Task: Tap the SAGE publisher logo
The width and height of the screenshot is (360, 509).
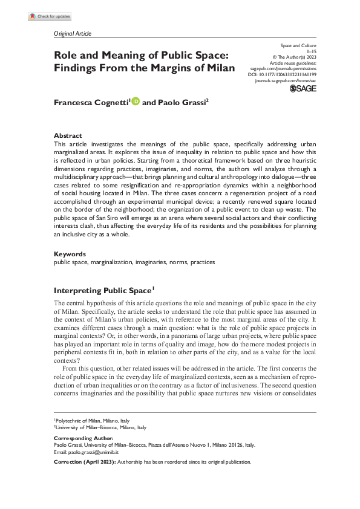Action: [304, 89]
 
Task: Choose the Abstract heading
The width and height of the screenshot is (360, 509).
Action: [68, 136]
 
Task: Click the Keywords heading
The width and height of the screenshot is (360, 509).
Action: [70, 254]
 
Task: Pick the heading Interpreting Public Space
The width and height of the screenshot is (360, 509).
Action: [104, 290]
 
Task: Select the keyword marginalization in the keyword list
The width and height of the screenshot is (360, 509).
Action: [109, 262]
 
